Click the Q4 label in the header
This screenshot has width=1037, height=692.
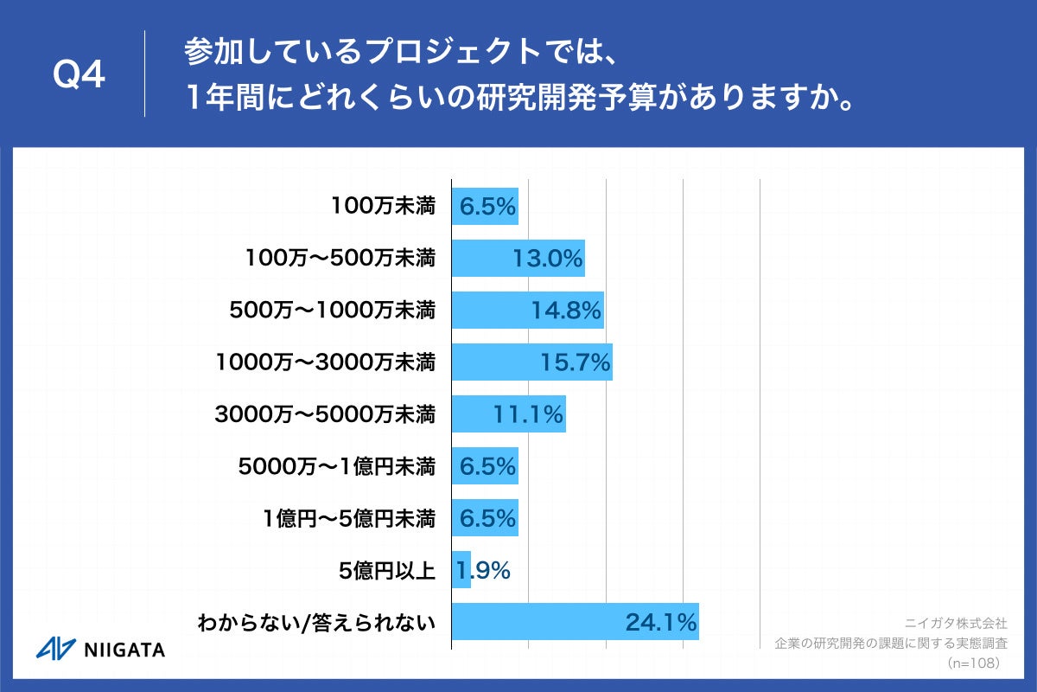[79, 76]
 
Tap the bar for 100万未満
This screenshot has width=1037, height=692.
[485, 207]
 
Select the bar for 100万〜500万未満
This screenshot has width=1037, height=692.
[518, 259]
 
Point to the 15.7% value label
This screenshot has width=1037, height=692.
[576, 362]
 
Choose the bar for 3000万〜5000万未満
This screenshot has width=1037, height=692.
[508, 414]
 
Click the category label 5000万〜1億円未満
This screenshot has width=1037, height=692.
[336, 466]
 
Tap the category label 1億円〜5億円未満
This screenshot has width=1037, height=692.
[349, 518]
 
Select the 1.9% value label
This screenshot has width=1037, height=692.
[484, 570]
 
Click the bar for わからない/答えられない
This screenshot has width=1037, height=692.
[575, 622]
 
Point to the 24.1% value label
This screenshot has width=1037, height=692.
[661, 622]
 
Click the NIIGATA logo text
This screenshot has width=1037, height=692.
[124, 650]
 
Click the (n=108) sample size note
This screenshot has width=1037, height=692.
[973, 663]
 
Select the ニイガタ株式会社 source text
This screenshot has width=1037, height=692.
[956, 623]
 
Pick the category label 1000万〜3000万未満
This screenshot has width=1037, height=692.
[325, 362]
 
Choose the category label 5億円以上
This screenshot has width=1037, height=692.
[387, 570]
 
